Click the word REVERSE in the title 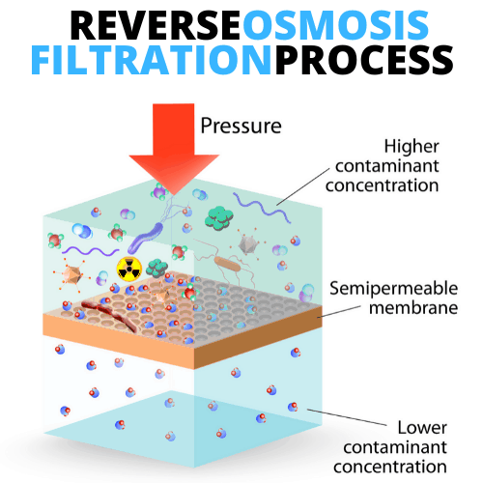click(155, 25)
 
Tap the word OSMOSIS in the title click(335, 25)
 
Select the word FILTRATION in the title click(152, 60)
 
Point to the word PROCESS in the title click(364, 60)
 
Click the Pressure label click(241, 126)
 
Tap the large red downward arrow click(174, 148)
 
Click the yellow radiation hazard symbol click(129, 268)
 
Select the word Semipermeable click(393, 289)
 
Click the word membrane click(413, 308)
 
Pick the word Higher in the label click(412, 147)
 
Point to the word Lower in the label click(422, 428)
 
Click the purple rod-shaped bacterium click(145, 239)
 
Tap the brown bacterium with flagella click(227, 264)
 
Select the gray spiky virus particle click(247, 244)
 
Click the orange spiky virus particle click(72, 274)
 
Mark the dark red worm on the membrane click(109, 316)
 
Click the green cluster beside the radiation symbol click(156, 268)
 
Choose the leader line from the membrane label click(339, 312)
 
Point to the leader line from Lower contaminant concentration click(347, 417)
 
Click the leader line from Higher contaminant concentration click(303, 186)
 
